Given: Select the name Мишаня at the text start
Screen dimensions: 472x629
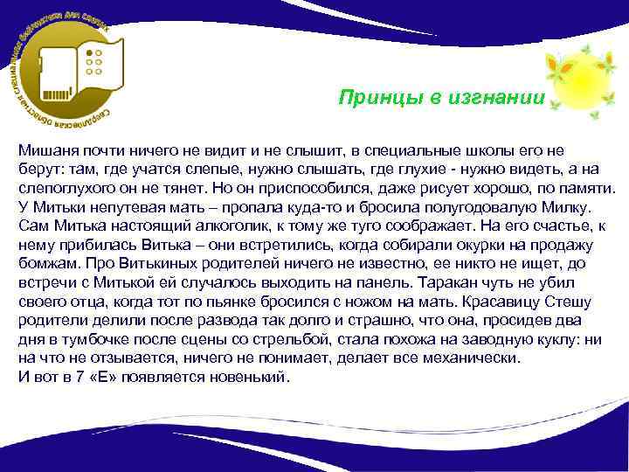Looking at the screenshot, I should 46,150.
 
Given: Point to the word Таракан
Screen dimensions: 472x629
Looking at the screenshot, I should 450,283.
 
